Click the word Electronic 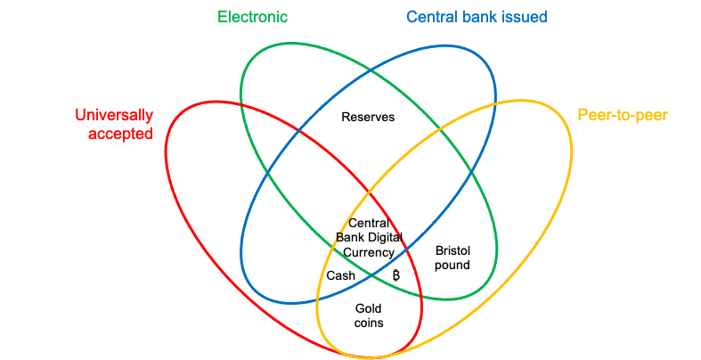[x=253, y=17]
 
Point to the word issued [x=525, y=17]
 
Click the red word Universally [x=114, y=115]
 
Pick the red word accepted [x=120, y=134]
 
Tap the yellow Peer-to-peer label [x=622, y=115]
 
